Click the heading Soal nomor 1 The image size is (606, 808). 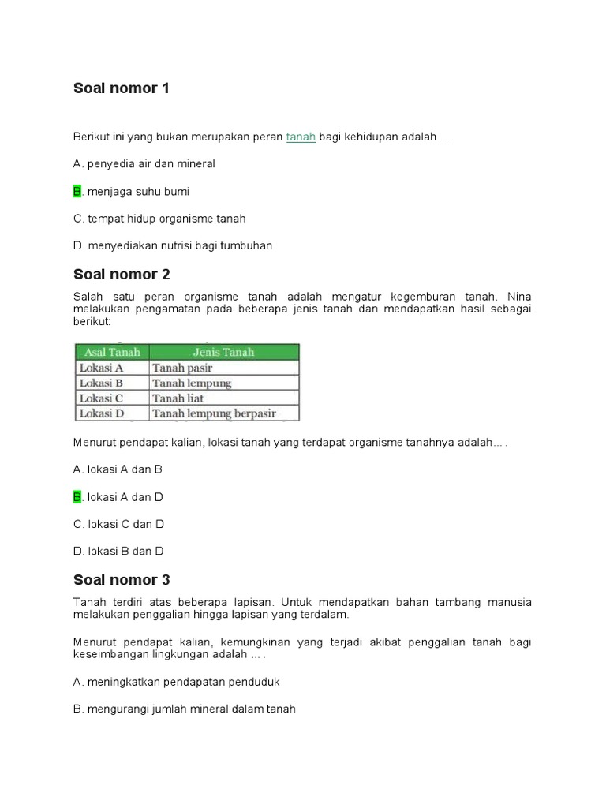(x=121, y=88)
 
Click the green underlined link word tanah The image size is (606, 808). (x=301, y=137)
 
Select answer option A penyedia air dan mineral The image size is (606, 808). (x=144, y=164)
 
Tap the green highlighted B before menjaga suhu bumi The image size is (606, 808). (x=77, y=192)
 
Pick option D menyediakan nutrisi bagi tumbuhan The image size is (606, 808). (x=172, y=245)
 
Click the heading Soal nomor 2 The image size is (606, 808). (x=122, y=275)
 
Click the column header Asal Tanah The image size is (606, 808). (x=111, y=352)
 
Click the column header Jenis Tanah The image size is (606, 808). (x=223, y=352)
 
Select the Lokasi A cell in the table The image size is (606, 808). (x=102, y=368)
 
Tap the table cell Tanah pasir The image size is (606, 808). (x=182, y=368)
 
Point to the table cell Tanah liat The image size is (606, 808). (x=178, y=398)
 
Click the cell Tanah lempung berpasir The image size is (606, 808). (x=214, y=413)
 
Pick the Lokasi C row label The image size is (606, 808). (x=102, y=398)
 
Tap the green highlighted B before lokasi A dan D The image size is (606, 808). (x=77, y=497)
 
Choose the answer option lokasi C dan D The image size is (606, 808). (x=118, y=524)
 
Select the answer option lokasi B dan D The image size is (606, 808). (x=118, y=551)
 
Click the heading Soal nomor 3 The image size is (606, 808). (x=122, y=580)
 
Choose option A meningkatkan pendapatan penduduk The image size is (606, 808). (x=176, y=682)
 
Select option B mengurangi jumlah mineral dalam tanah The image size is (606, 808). (x=184, y=709)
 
